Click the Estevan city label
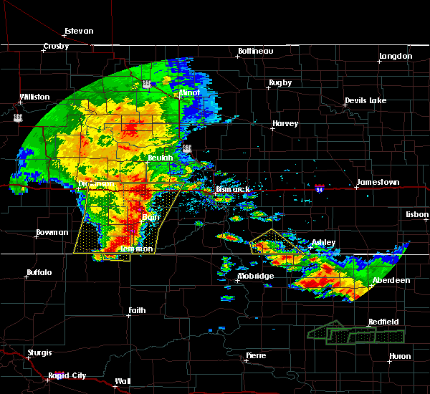pyautogui.click(x=79, y=31)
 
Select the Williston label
pyautogui.click(x=35, y=97)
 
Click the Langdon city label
pyautogui.click(x=396, y=56)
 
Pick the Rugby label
pyautogui.click(x=280, y=82)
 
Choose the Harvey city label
pyautogui.click(x=285, y=124)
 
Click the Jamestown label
pyautogui.click(x=378, y=183)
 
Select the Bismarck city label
pyautogui.click(x=234, y=190)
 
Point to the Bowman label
pyautogui.click(x=52, y=233)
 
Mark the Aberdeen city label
pyautogui.click(x=391, y=280)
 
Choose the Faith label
pyautogui.click(x=137, y=310)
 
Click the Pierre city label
pyautogui.click(x=256, y=355)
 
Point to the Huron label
pyautogui.click(x=400, y=356)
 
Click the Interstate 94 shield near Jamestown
pyautogui.click(x=320, y=188)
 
